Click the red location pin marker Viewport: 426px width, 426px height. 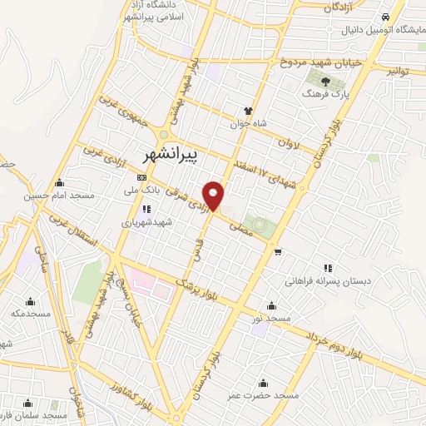[x=215, y=195]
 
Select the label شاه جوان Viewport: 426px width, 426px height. [x=248, y=124]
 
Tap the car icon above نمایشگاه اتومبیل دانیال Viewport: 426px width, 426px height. [x=385, y=17]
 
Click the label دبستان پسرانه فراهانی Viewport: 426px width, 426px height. [x=328, y=282]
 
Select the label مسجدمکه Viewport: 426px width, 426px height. [x=32, y=315]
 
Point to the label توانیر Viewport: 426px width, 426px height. [x=399, y=72]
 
